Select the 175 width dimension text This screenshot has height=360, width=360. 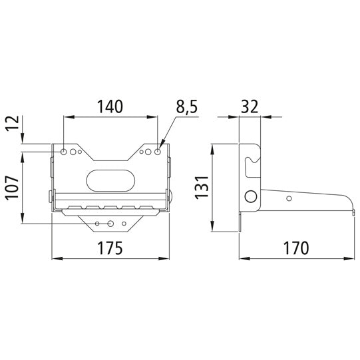(x=110, y=248)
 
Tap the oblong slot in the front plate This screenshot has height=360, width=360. (x=110, y=180)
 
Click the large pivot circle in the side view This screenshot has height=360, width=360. (x=251, y=197)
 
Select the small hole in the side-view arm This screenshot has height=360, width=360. (x=289, y=198)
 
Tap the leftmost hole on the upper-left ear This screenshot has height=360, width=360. (x=64, y=152)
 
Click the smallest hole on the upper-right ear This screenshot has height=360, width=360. (x=142, y=152)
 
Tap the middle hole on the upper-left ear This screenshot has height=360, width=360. (x=73, y=152)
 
